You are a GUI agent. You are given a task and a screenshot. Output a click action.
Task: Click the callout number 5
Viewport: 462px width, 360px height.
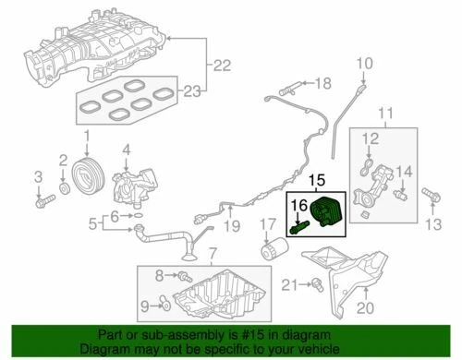click(92, 222)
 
